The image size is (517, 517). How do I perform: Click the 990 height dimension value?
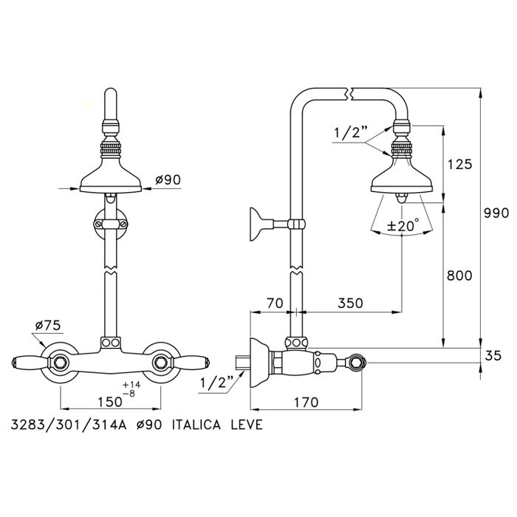[496, 213]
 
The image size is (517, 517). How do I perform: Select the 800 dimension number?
[459, 275]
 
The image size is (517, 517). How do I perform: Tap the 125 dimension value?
[459, 164]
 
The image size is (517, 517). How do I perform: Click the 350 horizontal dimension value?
[350, 303]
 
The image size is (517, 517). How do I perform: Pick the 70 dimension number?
[275, 303]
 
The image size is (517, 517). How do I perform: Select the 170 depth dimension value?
[306, 402]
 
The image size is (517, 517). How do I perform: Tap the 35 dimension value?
[493, 356]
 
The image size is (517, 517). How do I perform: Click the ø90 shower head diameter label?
[168, 179]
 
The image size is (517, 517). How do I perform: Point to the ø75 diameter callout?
[48, 326]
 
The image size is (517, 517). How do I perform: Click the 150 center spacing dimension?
[110, 402]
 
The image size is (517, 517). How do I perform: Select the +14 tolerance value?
[131, 385]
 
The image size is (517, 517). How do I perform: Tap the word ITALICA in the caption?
[196, 425]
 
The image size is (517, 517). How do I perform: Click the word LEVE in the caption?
[247, 425]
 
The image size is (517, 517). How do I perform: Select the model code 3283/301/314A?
[69, 425]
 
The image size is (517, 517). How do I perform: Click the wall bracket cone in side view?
[256, 225]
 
